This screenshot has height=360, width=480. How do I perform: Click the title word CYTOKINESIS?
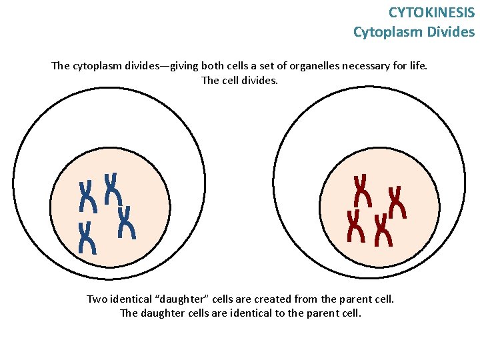coord(431,12)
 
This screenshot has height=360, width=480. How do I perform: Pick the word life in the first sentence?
coord(419,66)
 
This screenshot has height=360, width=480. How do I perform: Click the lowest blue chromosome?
coord(87,238)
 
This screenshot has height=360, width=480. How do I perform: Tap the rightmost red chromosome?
coord(397,202)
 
